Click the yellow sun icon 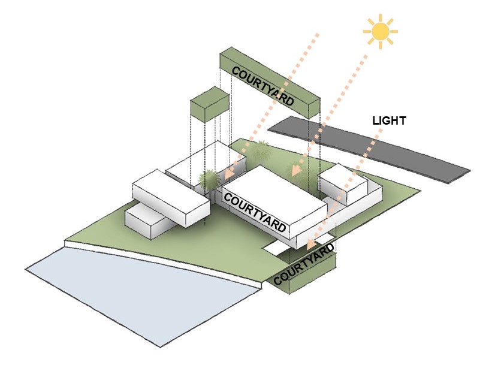pyautogui.click(x=381, y=31)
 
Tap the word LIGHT pyautogui.click(x=389, y=120)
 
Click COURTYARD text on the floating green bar pyautogui.click(x=262, y=86)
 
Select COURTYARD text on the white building pyautogui.click(x=255, y=212)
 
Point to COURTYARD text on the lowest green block pyautogui.click(x=304, y=264)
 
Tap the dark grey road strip pyautogui.click(x=369, y=150)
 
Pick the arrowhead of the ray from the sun pyautogui.click(x=295, y=170)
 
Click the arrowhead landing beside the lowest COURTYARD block pyautogui.click(x=311, y=244)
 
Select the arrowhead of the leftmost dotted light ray pyautogui.click(x=229, y=173)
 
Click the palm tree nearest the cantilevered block pyautogui.click(x=209, y=180)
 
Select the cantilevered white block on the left pyautogui.click(x=171, y=198)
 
